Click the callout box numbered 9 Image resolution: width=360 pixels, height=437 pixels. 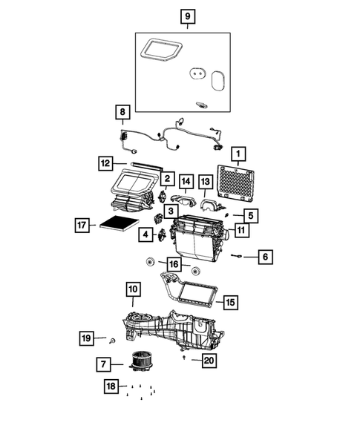tap(188, 16)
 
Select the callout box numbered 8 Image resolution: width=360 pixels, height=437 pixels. tap(121, 112)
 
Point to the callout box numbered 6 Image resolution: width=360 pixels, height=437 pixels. tap(266, 257)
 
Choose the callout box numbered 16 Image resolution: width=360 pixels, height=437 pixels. tap(173, 264)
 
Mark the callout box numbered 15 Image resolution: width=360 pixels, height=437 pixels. tap(230, 302)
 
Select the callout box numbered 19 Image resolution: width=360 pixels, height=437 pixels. tap(87, 339)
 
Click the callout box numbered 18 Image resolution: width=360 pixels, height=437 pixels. tap(111, 387)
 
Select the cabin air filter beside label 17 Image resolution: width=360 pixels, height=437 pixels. tap(118, 223)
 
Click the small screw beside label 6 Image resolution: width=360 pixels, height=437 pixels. tap(237, 256)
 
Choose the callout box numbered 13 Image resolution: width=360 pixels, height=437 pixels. tap(206, 182)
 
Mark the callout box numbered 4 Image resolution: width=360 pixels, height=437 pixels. tap(146, 235)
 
